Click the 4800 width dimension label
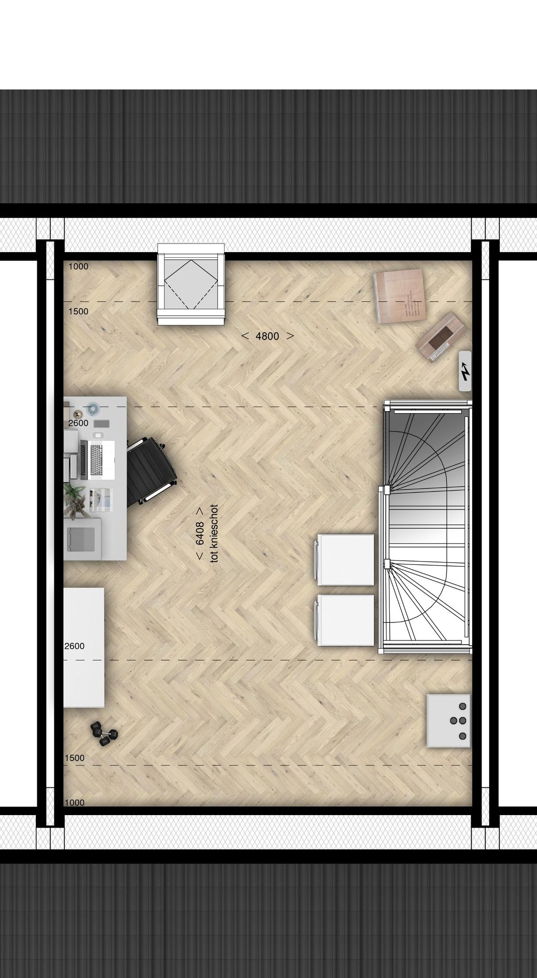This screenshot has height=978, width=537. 268,336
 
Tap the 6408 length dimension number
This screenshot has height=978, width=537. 200,533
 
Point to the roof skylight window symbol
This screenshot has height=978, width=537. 191,284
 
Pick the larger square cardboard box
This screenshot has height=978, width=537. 398,296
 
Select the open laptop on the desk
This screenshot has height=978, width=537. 98,460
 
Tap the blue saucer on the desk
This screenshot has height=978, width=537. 92,409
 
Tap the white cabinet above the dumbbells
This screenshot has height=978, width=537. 84,647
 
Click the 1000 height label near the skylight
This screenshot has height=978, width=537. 78,266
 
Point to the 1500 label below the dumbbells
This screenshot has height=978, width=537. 74,758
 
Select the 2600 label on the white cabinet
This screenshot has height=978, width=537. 74,646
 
